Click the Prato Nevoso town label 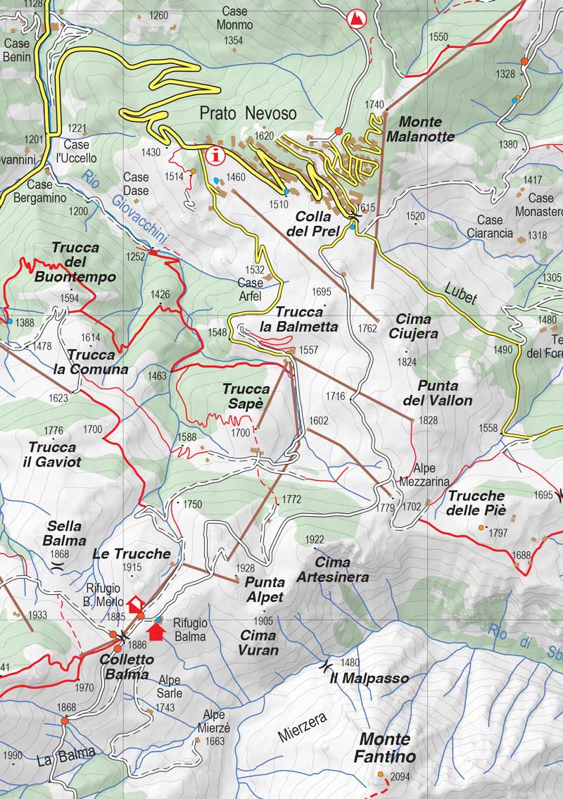click(x=248, y=113)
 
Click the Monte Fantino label click(x=387, y=748)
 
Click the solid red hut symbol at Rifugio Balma click(x=157, y=632)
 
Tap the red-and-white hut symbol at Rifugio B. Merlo click(x=134, y=603)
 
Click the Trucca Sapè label click(x=246, y=396)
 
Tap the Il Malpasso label click(x=369, y=679)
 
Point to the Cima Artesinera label click(x=342, y=570)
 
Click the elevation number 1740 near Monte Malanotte click(x=374, y=104)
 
